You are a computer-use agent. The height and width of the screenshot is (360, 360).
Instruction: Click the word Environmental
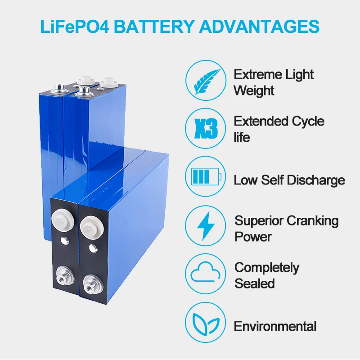tap(275, 326)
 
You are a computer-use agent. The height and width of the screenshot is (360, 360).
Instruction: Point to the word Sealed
tap(254, 283)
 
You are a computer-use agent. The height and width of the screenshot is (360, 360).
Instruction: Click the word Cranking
tap(312, 220)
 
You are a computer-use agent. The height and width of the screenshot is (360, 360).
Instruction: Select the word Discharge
tap(316, 180)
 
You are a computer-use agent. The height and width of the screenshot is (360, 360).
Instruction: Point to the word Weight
tap(254, 90)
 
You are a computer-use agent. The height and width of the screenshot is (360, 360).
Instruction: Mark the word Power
tap(253, 237)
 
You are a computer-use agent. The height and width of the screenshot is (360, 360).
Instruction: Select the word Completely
tap(266, 267)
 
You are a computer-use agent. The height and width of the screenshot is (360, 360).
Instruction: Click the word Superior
tap(259, 220)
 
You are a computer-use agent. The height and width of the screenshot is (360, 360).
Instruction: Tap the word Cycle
tap(308, 121)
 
